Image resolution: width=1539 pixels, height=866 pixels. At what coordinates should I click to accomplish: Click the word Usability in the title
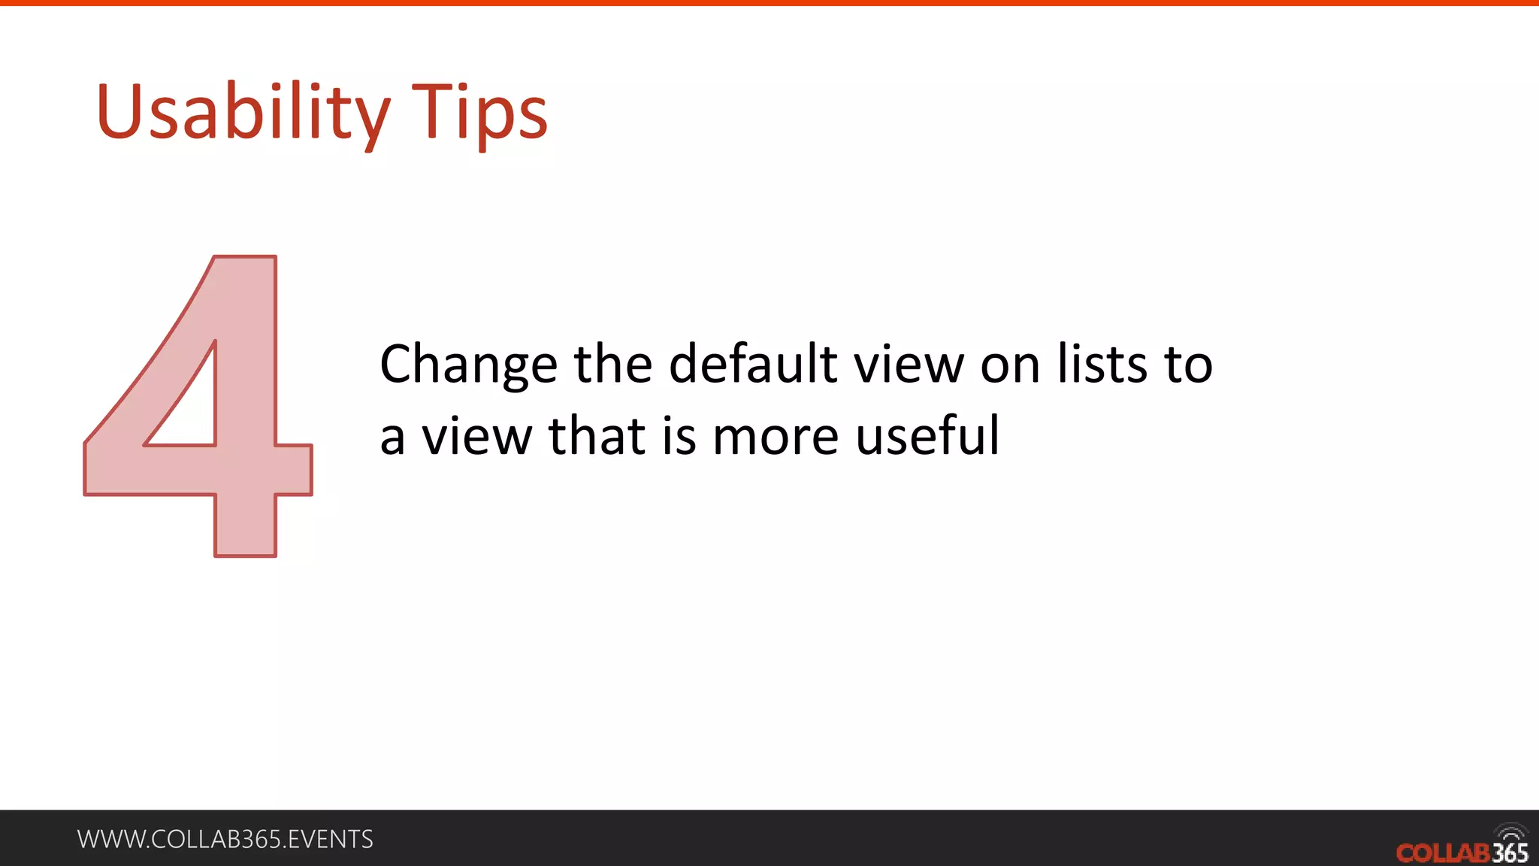click(x=242, y=113)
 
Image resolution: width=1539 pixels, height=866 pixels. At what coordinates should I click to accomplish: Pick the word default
click(x=752, y=364)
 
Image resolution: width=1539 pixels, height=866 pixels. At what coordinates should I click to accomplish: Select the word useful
click(x=927, y=436)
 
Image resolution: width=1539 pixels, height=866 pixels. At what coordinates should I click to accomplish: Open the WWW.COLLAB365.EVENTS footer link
click(x=225, y=839)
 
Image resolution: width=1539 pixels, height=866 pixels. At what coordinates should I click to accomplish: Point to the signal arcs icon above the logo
click(x=1510, y=833)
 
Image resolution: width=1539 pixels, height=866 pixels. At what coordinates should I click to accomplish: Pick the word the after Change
click(x=613, y=364)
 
